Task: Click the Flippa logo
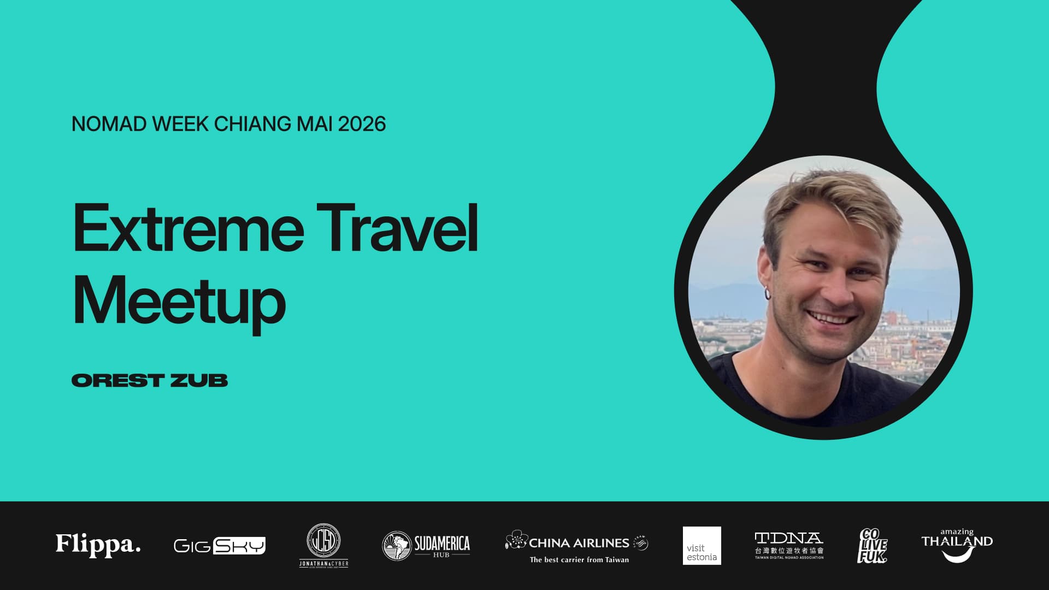point(98,545)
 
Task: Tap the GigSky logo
point(219,546)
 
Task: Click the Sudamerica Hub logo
point(426,546)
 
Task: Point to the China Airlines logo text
point(579,543)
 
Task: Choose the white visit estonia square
point(702,546)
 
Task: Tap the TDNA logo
point(788,545)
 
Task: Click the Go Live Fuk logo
point(872,545)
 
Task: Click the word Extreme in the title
point(188,228)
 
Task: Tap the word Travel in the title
point(397,228)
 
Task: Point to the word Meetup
point(179,302)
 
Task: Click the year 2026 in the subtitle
point(362,124)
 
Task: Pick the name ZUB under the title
point(199,381)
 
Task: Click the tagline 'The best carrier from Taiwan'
point(579,559)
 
